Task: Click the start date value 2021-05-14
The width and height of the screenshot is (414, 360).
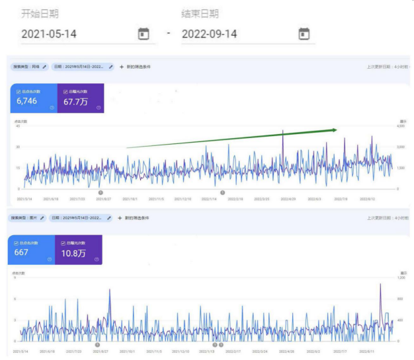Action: tap(48, 34)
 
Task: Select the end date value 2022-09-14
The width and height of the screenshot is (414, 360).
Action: tap(210, 34)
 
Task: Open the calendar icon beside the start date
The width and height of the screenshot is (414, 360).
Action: tap(143, 34)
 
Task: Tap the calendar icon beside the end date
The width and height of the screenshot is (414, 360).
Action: tap(304, 34)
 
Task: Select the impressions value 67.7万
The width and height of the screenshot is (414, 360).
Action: tap(77, 102)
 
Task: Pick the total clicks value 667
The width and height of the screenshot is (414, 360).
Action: tap(22, 252)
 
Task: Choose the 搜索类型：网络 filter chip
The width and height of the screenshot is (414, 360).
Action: tap(29, 67)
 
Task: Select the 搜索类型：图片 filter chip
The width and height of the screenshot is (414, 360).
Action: tap(28, 217)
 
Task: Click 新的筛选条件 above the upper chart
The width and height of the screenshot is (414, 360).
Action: tap(137, 67)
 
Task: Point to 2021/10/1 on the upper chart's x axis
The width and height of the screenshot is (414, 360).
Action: tap(130, 198)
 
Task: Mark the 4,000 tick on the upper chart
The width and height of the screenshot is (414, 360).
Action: tap(400, 126)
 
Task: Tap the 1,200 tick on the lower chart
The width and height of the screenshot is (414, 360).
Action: tap(401, 277)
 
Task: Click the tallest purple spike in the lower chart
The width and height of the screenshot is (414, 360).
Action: tap(380, 285)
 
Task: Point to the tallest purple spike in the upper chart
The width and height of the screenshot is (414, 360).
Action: tap(283, 131)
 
